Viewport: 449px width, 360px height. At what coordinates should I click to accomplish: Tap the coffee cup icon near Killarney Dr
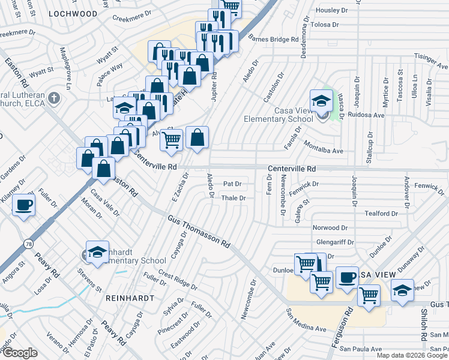point(24,205)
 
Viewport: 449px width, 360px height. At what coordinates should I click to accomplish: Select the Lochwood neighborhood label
point(73,13)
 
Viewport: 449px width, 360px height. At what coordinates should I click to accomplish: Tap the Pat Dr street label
point(232,184)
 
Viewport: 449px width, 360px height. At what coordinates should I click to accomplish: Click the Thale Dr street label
point(234,198)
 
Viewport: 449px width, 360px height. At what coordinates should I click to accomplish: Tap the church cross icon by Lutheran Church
point(54,97)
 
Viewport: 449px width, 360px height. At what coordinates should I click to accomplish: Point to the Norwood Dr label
point(330,228)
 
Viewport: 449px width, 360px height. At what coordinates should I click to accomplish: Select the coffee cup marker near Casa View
point(347,278)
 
